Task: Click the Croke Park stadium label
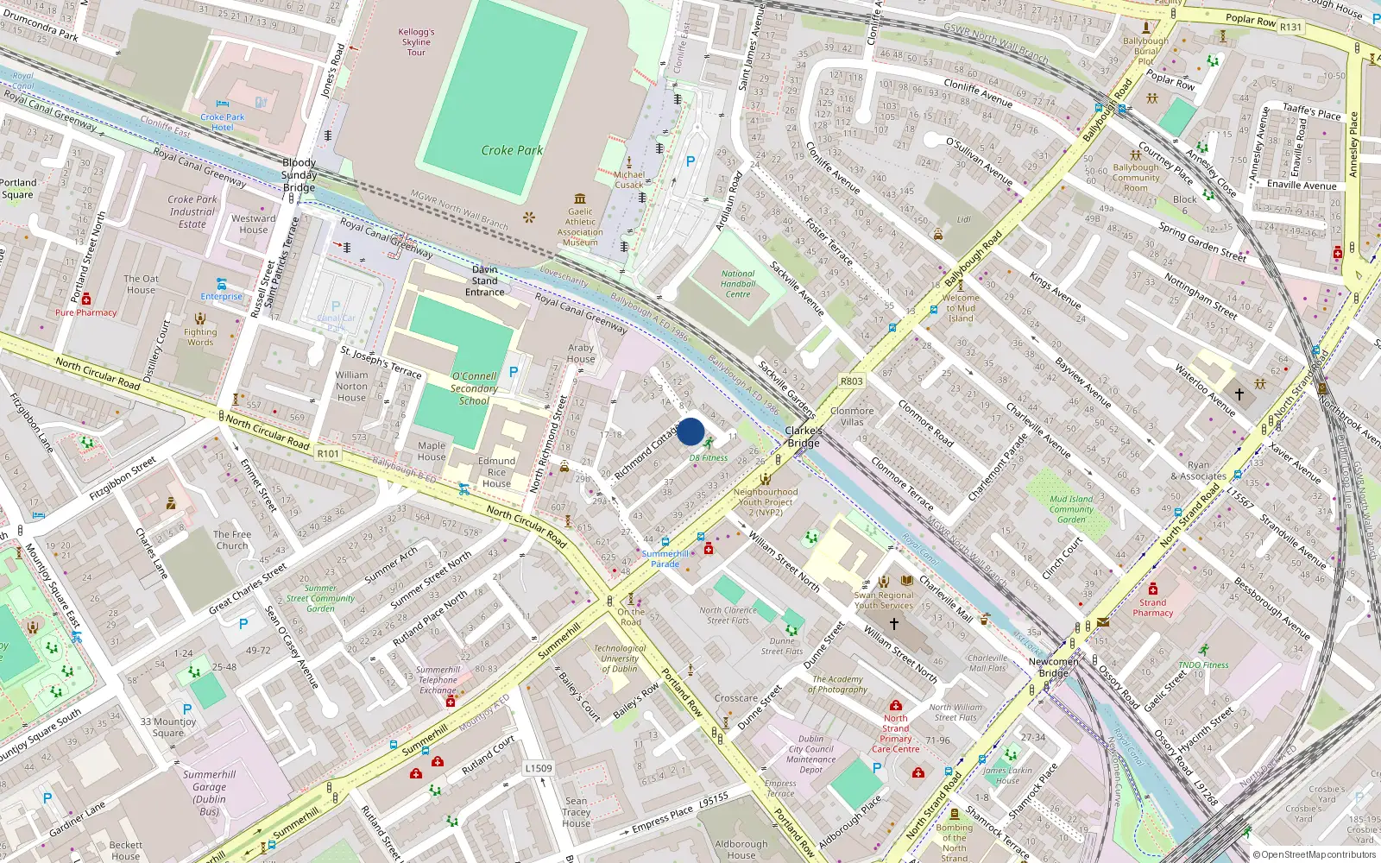[x=512, y=150]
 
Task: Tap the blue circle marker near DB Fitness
[x=690, y=431]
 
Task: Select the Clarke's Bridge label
[x=803, y=437]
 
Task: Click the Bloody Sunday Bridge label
[x=299, y=175]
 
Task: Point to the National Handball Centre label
[x=738, y=284]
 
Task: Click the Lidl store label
[x=963, y=219]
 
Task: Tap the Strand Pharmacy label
[x=1152, y=608]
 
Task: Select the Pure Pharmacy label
[x=85, y=312]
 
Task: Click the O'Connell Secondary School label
[x=474, y=388]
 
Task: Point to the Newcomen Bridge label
[x=1053, y=667]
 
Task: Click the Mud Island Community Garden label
[x=1071, y=509]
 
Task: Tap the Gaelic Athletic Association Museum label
[x=580, y=227]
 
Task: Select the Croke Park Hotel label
[x=223, y=122]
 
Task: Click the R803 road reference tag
[x=851, y=381]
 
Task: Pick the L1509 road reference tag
[x=539, y=768]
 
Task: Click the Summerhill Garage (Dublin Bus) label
[x=209, y=792]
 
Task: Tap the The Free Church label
[x=232, y=539]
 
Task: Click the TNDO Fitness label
[x=1203, y=665]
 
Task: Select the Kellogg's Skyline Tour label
[x=416, y=42]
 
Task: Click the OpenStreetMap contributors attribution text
[x=1314, y=855]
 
